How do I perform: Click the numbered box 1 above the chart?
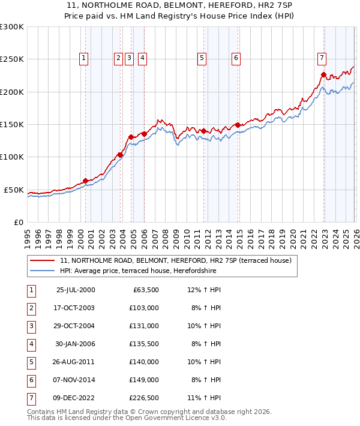(x=83, y=58)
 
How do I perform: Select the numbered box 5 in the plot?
(x=201, y=58)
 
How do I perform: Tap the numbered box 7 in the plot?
(x=322, y=58)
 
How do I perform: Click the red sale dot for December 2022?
(x=323, y=75)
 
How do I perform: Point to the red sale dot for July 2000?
(x=86, y=181)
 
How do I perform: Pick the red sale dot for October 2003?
(x=120, y=155)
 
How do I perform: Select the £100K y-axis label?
(x=12, y=157)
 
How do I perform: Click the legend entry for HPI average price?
(x=139, y=271)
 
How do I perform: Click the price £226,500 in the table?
(x=144, y=397)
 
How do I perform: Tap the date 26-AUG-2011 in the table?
(x=75, y=362)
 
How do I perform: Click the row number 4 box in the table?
(x=30, y=344)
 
